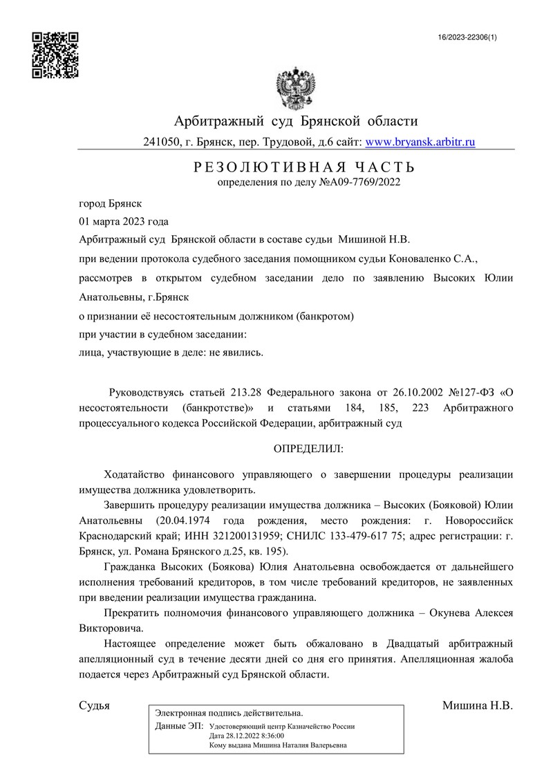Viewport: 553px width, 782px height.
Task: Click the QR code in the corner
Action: click(55, 55)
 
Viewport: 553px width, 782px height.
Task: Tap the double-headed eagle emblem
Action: click(295, 88)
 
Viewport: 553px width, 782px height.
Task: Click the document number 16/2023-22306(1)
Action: click(467, 37)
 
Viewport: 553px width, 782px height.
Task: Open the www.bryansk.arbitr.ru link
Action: click(420, 142)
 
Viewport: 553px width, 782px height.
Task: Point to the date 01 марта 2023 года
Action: click(124, 222)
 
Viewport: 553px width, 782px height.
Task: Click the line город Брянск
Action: click(111, 204)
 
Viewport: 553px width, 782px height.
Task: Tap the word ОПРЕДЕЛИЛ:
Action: click(308, 448)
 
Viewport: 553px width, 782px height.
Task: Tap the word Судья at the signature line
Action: click(95, 707)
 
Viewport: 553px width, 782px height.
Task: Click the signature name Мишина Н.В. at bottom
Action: click(477, 707)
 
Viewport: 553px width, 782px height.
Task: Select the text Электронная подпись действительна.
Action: click(229, 713)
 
